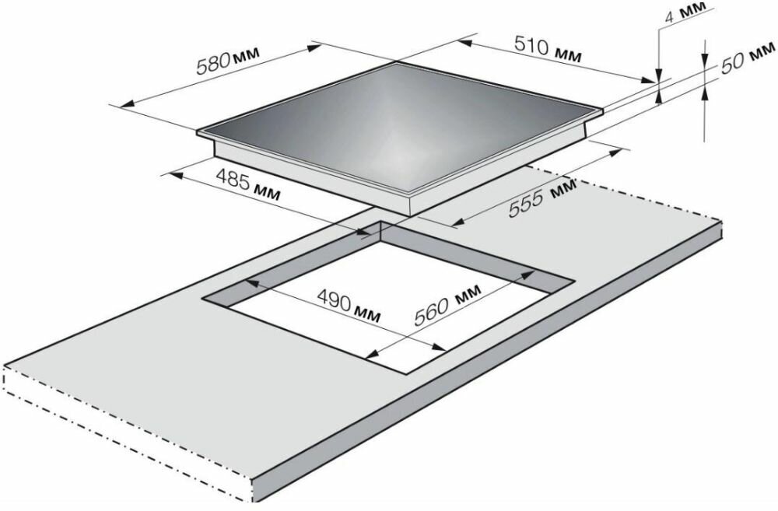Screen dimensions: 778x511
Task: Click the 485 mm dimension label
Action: [248, 186]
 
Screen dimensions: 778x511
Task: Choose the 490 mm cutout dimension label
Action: [349, 306]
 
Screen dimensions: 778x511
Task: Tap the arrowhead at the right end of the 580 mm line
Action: [314, 47]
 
